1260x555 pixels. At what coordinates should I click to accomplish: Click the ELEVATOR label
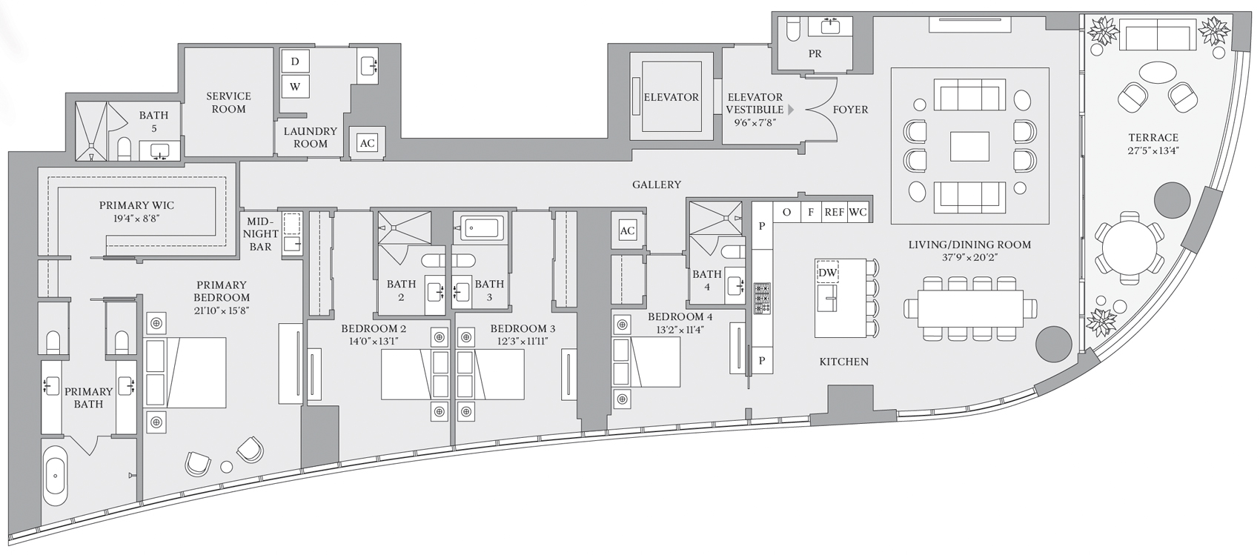671,97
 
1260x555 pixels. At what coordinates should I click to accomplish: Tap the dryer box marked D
295,62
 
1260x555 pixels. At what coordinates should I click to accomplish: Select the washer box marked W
295,87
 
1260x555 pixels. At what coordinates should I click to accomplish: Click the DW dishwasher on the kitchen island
827,273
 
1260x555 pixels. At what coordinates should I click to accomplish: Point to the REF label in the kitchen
834,212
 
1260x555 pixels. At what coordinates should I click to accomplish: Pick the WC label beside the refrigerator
858,212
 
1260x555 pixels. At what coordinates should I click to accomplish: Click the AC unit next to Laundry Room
368,144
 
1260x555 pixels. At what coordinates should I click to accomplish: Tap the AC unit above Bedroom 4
627,230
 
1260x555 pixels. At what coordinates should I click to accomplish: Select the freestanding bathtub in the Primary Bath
55,475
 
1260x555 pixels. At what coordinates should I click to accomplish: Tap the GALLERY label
657,185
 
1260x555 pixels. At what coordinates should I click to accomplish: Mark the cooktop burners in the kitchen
762,298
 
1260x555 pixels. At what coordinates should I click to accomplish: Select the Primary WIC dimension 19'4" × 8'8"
136,219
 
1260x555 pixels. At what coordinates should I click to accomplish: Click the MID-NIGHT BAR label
260,233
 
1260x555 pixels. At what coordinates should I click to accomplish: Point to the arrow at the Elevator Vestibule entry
790,110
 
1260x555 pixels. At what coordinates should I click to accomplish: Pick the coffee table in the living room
969,146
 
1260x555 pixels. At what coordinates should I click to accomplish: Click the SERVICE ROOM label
228,102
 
